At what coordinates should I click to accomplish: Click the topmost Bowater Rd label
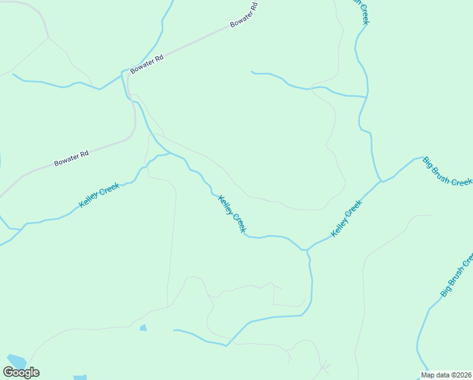pyautogui.click(x=244, y=15)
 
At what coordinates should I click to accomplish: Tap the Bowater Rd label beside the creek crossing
pyautogui.click(x=147, y=64)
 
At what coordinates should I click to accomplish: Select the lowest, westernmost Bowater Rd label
pyautogui.click(x=71, y=158)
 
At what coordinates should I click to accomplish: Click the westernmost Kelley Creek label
pyautogui.click(x=99, y=195)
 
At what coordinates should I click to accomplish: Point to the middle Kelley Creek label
pyautogui.click(x=231, y=214)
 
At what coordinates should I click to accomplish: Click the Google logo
pyautogui.click(x=21, y=372)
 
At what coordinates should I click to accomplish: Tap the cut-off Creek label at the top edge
pyautogui.click(x=362, y=11)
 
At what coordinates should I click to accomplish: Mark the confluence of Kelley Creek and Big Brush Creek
pyautogui.click(x=381, y=182)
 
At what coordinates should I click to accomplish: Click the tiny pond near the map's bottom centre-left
pyautogui.click(x=143, y=327)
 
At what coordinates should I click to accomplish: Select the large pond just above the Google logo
pyautogui.click(x=15, y=360)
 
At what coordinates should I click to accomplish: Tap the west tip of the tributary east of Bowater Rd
pyautogui.click(x=252, y=72)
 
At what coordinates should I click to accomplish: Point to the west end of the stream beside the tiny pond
pyautogui.click(x=175, y=329)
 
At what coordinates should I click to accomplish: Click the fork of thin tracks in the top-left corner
pyautogui.click(x=48, y=37)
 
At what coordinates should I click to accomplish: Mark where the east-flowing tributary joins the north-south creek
pyautogui.click(x=366, y=97)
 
